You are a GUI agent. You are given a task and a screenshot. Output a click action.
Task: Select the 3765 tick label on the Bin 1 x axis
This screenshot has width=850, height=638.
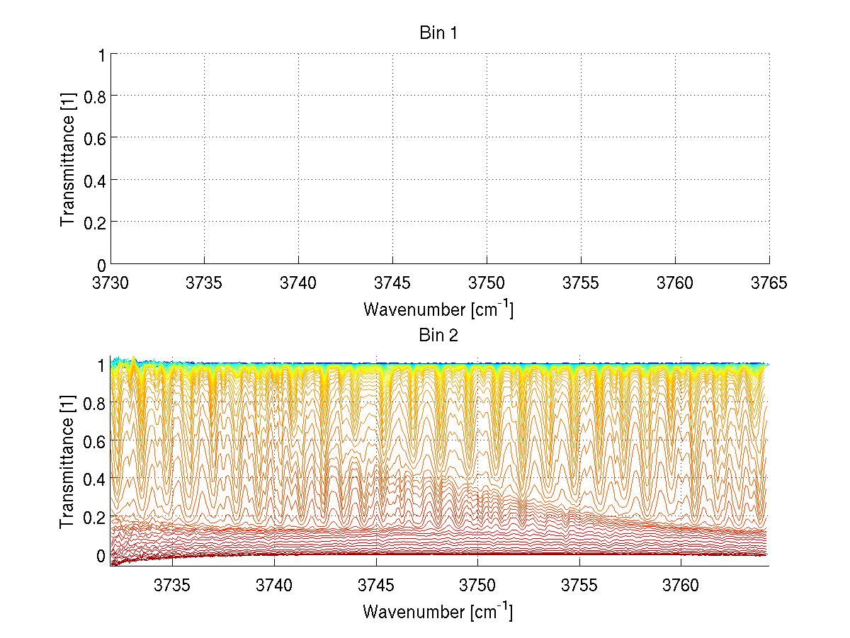pos(769,283)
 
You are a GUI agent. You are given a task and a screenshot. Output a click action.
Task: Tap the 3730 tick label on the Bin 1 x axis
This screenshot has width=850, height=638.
pos(110,283)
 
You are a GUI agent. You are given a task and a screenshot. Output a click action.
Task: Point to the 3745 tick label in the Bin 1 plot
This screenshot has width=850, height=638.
pos(393,283)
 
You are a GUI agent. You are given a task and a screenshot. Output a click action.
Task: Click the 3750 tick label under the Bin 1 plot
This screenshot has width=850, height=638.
pos(487,283)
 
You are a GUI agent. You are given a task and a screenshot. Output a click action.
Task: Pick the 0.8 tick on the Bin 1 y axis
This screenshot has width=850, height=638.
pos(94,96)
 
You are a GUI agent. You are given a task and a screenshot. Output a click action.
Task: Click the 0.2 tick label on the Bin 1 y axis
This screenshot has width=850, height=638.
pos(94,222)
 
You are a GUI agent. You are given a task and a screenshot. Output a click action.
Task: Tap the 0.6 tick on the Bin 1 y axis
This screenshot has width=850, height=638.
pos(94,138)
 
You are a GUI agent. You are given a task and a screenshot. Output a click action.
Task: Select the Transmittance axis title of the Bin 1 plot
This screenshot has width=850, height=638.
pos(67,159)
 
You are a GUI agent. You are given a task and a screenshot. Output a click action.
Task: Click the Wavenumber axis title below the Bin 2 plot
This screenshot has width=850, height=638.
pos(438,611)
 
